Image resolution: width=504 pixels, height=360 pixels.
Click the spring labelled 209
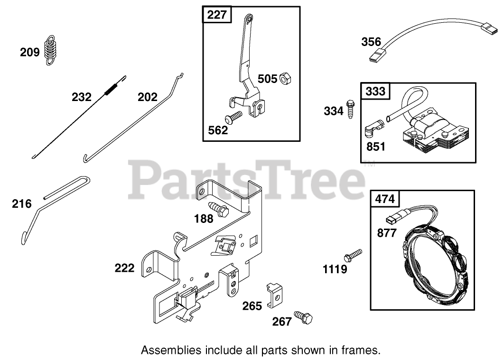pyautogui.click(x=51, y=49)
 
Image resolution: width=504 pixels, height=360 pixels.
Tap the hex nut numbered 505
pyautogui.click(x=286, y=79)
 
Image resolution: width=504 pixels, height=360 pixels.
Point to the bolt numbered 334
pyautogui.click(x=351, y=110)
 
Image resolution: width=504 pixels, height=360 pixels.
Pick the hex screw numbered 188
pyautogui.click(x=218, y=209)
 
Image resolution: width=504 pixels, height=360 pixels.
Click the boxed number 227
pyautogui.click(x=217, y=15)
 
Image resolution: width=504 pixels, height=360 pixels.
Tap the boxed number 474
pyautogui.click(x=385, y=199)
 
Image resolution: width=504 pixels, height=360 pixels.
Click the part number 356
pyautogui.click(x=371, y=42)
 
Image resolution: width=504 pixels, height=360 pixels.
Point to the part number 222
pyautogui.click(x=124, y=268)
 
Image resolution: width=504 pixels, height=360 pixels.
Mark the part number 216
pyautogui.click(x=22, y=204)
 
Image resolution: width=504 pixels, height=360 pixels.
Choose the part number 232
pyautogui.click(x=82, y=97)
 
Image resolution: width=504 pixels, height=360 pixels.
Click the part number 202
pyautogui.click(x=147, y=97)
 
